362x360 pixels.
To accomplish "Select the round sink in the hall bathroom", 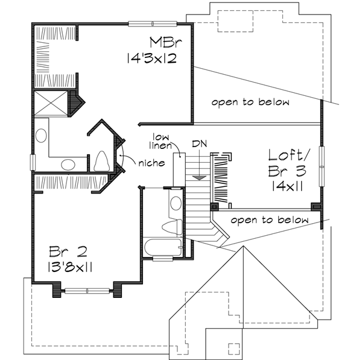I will click(176, 202).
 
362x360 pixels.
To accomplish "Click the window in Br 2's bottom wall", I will click(87, 291).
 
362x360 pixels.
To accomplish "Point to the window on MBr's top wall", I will click(153, 24).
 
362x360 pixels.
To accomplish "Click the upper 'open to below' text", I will click(250, 103).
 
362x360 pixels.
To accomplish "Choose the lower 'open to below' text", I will click(269, 220).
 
